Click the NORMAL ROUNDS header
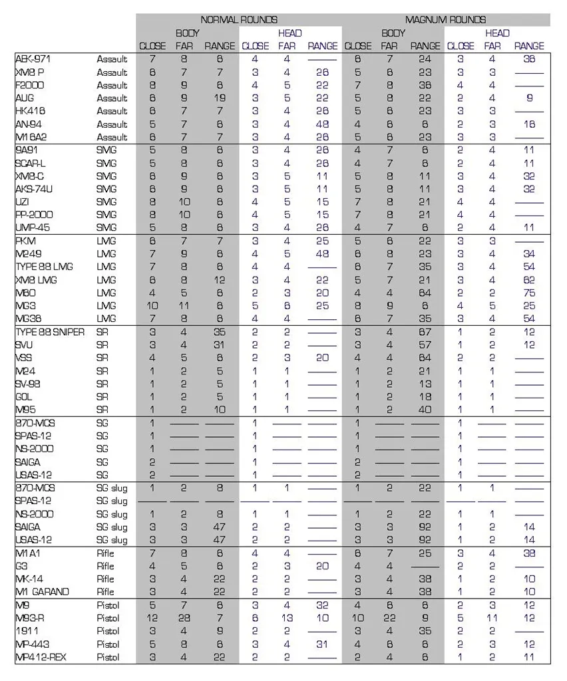(x=239, y=20)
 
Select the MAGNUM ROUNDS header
(x=445, y=20)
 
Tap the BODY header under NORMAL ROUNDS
(x=188, y=33)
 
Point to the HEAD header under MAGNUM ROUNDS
(x=496, y=33)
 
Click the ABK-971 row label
(x=34, y=59)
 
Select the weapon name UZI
(x=23, y=202)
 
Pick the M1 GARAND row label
(x=42, y=592)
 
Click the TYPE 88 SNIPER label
(x=49, y=332)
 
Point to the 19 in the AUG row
(x=220, y=98)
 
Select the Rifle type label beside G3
(x=106, y=566)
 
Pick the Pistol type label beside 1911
(x=108, y=631)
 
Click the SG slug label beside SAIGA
(x=112, y=527)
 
